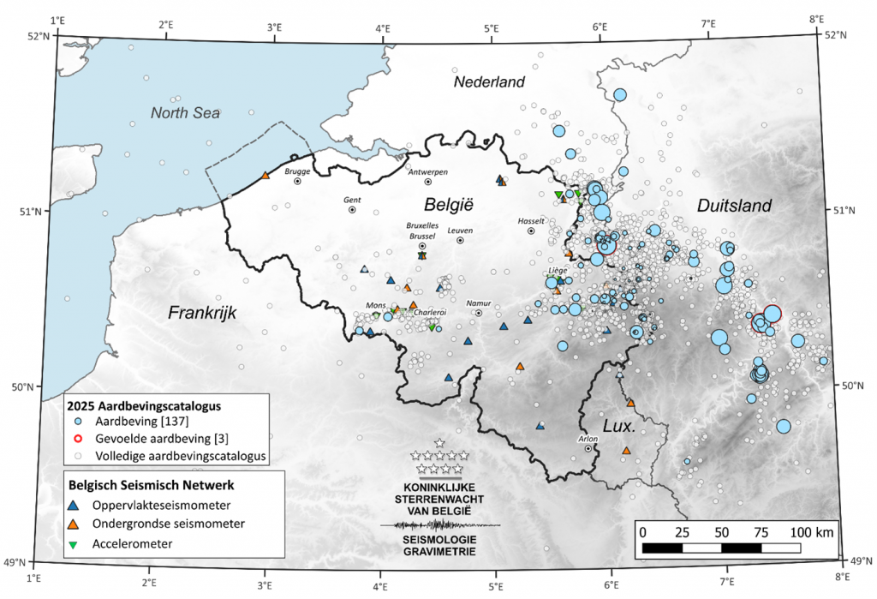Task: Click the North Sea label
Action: tap(186, 113)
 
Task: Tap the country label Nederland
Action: tap(488, 82)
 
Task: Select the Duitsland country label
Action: tap(734, 206)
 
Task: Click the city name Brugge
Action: tap(296, 171)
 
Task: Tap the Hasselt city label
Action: tap(531, 220)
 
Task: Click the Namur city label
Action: tap(479, 303)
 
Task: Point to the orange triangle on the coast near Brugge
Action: tap(265, 176)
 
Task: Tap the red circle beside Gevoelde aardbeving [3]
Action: tap(75, 438)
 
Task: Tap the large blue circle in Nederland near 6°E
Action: tap(619, 95)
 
